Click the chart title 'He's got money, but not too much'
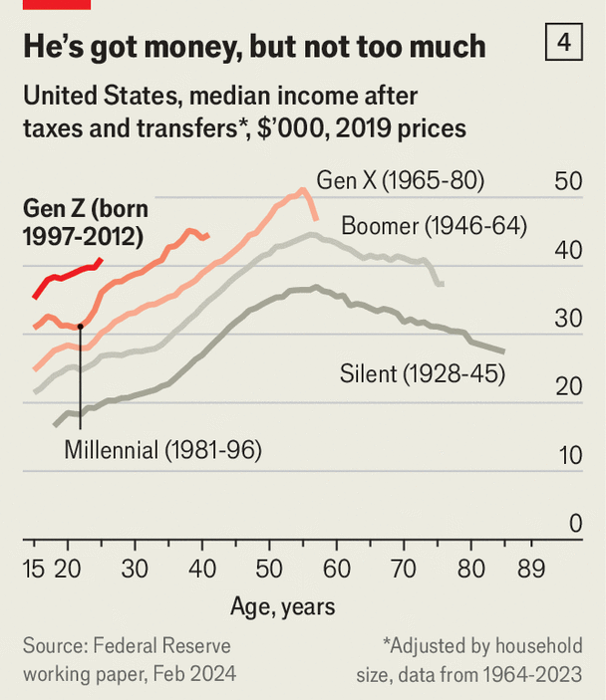[254, 46]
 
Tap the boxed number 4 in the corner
[565, 44]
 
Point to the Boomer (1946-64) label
[434, 225]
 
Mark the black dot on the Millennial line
[80, 326]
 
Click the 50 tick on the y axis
[568, 182]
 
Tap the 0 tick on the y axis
[575, 524]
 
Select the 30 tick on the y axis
[568, 319]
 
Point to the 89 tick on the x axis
[531, 571]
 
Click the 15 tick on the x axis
[34, 571]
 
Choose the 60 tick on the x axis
[337, 571]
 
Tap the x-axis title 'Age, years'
[283, 606]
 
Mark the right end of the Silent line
[504, 351]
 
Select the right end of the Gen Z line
[101, 259]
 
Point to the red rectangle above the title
[56, 4]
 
